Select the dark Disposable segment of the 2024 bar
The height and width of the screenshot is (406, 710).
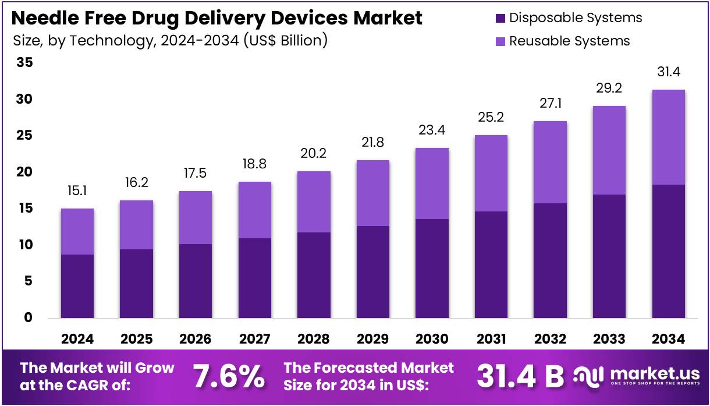coord(77,286)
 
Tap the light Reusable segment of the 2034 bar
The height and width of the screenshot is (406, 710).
coord(668,137)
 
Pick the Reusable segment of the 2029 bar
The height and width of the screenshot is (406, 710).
coord(373,193)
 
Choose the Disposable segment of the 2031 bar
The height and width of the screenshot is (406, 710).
coord(491,264)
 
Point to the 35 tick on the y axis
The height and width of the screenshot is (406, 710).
coord(25,63)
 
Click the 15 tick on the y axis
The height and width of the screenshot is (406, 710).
coord(25,209)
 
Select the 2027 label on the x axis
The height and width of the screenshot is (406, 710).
coord(254,339)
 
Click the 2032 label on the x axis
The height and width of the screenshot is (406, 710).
coord(550,339)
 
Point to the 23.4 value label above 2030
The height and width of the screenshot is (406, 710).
coord(432,130)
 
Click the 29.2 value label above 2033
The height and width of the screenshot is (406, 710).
coord(609,89)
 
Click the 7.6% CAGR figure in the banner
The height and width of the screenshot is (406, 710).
coord(229,376)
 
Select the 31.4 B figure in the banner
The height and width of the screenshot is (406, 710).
coord(520,376)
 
